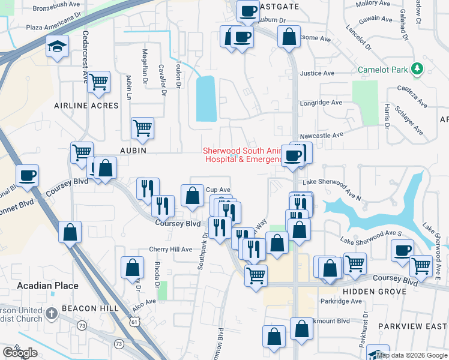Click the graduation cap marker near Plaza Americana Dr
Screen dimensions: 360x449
pos(58,46)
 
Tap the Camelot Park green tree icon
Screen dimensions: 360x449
pos(418,70)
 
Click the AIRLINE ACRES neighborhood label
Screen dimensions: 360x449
pos(86,106)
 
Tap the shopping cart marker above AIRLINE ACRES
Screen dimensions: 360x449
pos(98,82)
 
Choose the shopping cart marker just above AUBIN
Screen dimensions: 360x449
pos(142,128)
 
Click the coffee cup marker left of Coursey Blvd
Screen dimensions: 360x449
pos(28,176)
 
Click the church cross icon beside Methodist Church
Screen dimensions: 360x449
pos(52,313)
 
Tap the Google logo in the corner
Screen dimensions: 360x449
pos(20,353)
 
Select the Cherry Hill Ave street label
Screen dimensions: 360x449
pos(170,249)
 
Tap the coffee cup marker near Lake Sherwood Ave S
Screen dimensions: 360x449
pos(403,251)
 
